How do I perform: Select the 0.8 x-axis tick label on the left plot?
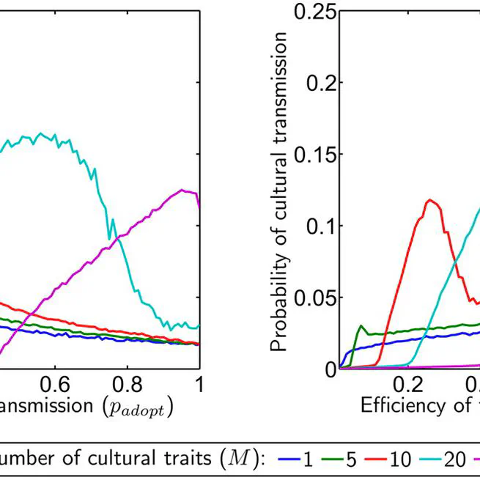click(x=127, y=384)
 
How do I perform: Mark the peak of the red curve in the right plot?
click(x=431, y=200)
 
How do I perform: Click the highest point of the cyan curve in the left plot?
click(x=41, y=133)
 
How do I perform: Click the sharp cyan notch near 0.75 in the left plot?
click(x=109, y=238)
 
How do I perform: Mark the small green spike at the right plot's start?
click(x=361, y=325)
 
